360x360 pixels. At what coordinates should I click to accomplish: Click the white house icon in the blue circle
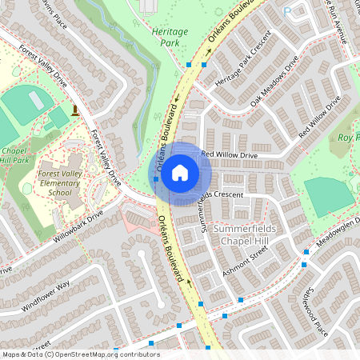pos(180,173)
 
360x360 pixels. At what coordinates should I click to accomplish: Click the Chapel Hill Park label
pos(16,155)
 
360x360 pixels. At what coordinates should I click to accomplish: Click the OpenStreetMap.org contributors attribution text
pos(114,354)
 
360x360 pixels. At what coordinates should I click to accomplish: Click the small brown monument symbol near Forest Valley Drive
pos(74,109)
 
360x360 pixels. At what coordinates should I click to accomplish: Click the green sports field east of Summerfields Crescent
pos(329,195)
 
